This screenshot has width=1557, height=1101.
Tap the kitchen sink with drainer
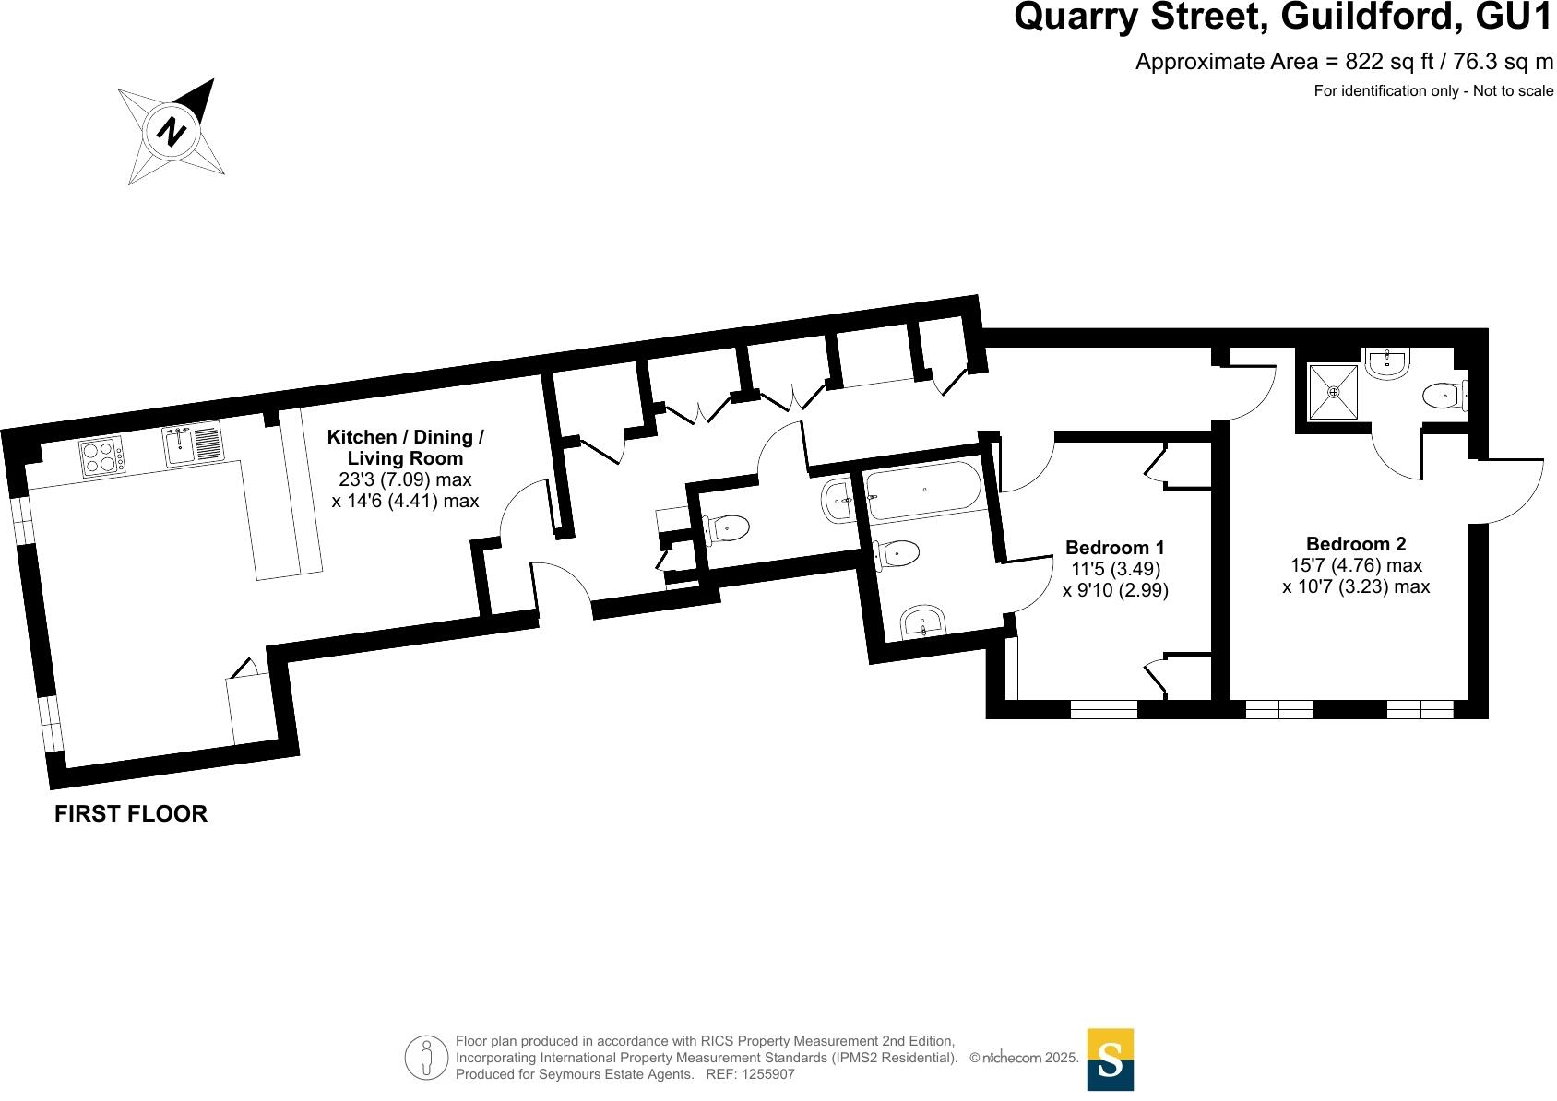point(193,445)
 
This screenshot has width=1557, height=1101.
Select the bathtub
point(924,491)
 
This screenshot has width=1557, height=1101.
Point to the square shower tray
point(1333,392)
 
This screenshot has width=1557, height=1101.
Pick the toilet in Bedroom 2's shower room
point(1443,397)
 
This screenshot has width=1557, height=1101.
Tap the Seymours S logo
point(1110,1060)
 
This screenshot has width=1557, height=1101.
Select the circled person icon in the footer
point(426,1059)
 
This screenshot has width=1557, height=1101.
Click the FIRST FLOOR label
point(131,813)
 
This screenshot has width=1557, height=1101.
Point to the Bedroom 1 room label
point(1114,548)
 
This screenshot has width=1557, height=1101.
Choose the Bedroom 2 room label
point(1355,544)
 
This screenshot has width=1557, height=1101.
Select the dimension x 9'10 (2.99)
point(1115,590)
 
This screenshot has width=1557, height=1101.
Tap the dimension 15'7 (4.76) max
point(1355,565)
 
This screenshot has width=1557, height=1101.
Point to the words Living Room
point(405,458)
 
